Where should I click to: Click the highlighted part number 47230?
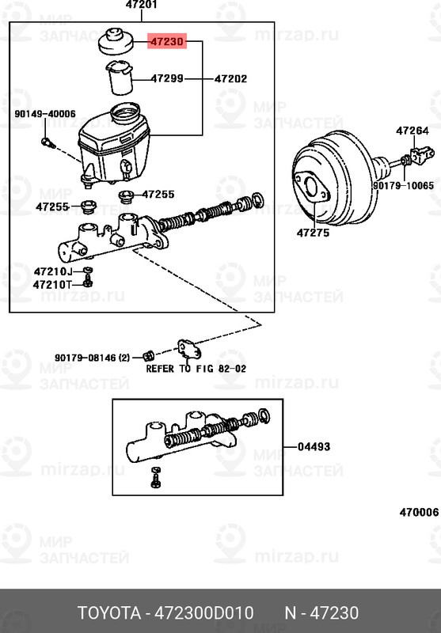[x=166, y=42]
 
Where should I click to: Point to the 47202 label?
[x=230, y=79]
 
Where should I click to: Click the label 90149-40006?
[x=45, y=114]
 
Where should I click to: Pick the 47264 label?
[x=412, y=131]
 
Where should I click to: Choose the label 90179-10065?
[x=403, y=185]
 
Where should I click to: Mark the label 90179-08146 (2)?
[x=92, y=358]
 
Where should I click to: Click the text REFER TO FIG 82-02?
[x=196, y=369]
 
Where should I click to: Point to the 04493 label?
[x=314, y=447]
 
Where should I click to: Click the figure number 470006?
[x=418, y=512]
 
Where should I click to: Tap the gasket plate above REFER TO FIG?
[x=190, y=348]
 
